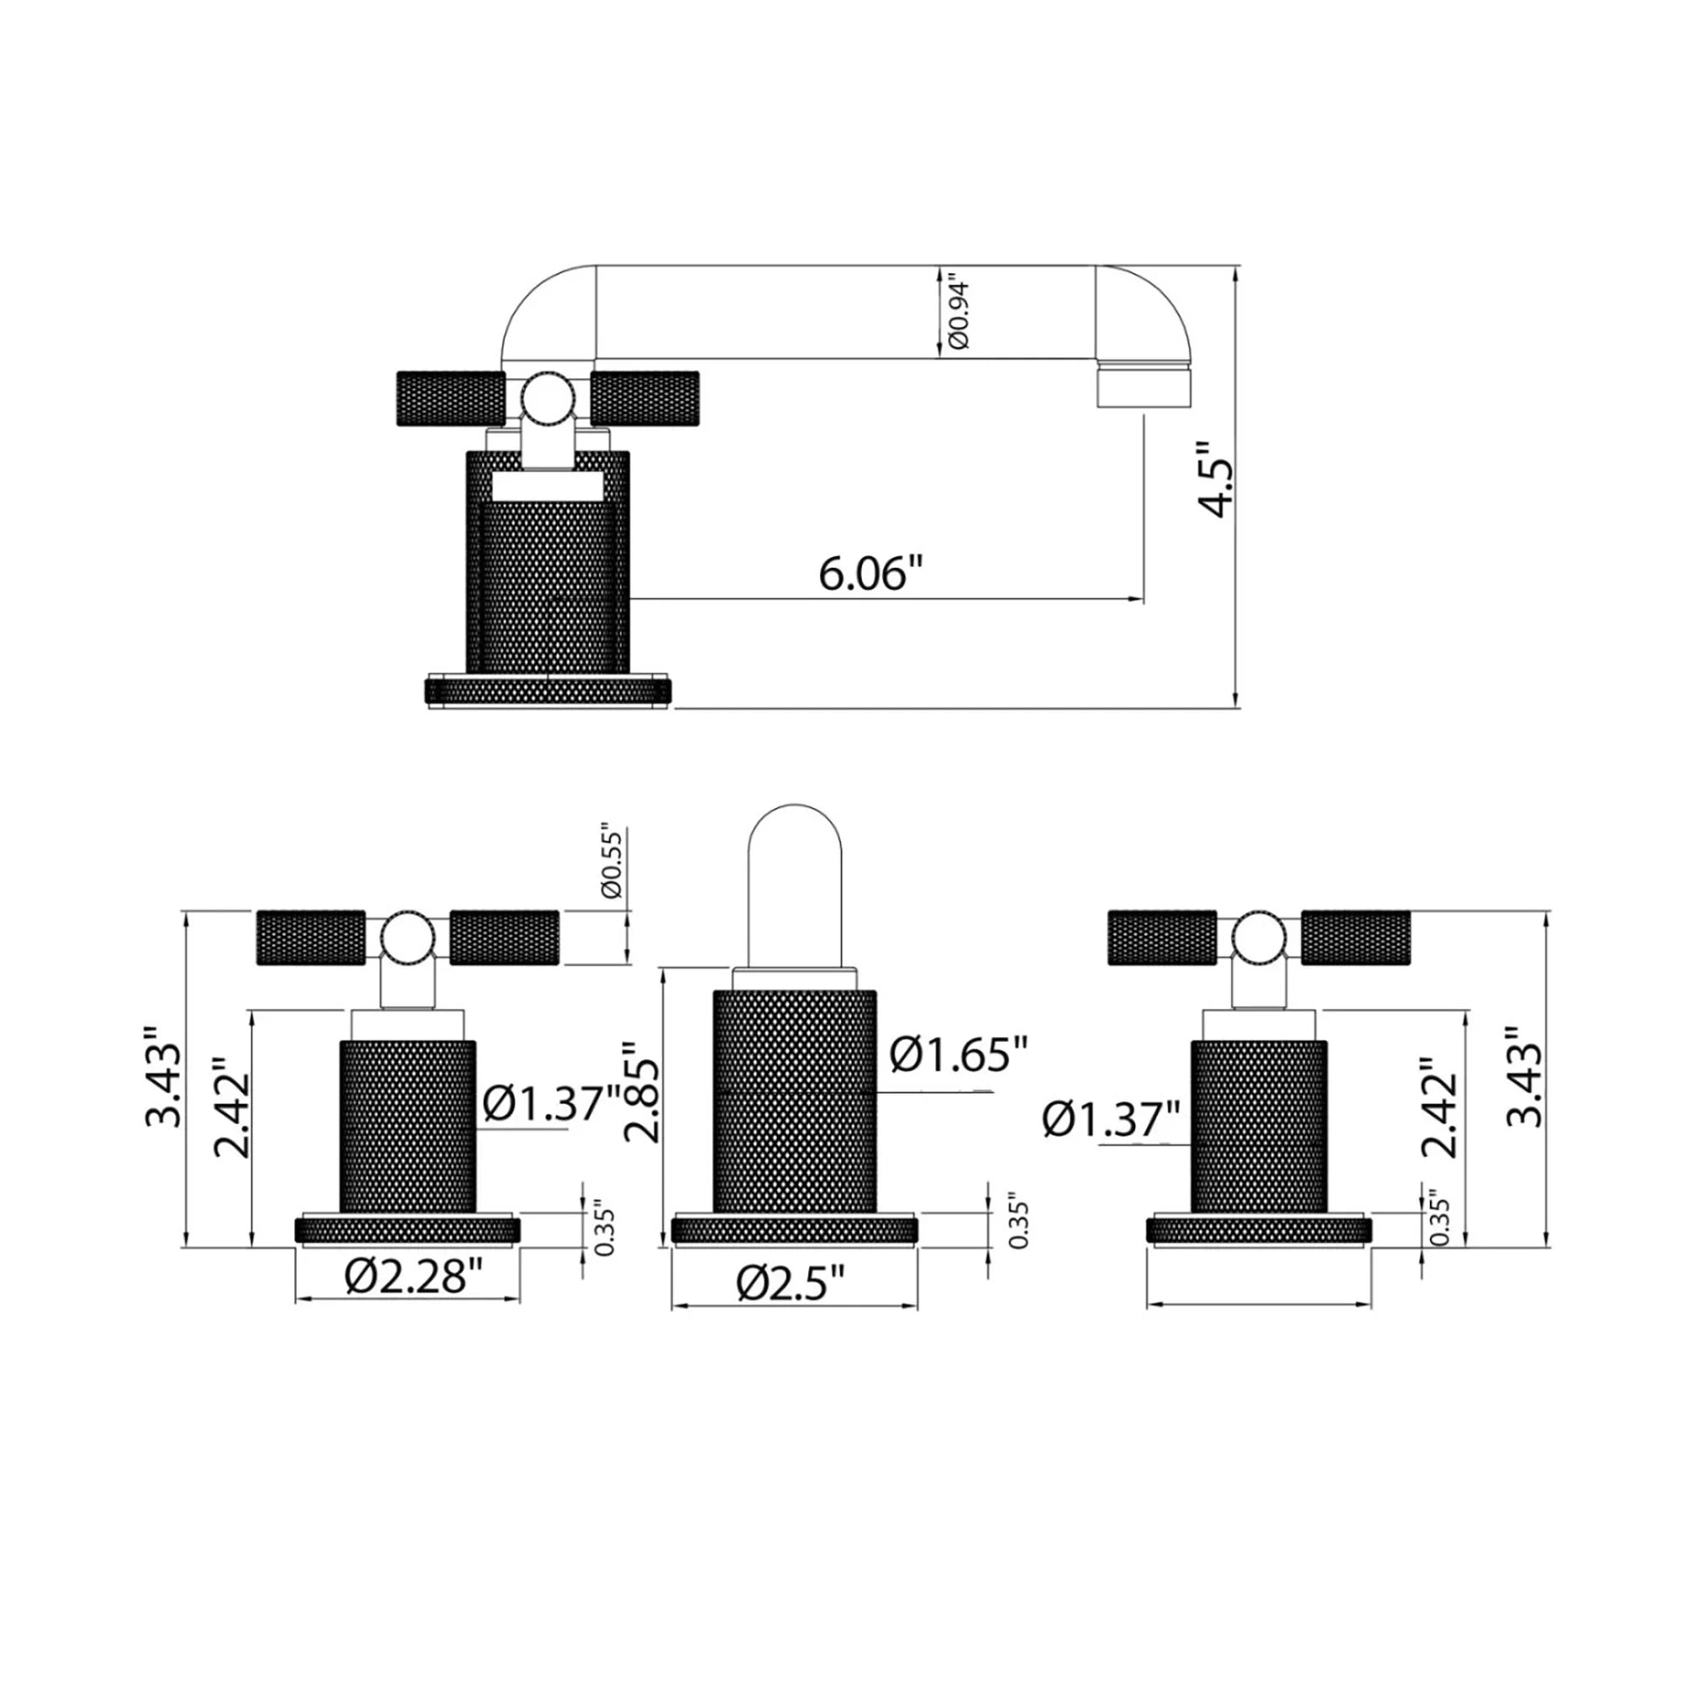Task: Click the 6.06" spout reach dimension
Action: (870, 574)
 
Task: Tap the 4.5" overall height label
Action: (1215, 479)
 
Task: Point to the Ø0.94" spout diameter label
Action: (959, 315)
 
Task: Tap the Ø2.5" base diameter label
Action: (791, 1283)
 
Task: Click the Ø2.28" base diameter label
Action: (414, 1277)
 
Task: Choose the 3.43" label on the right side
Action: (1525, 1077)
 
